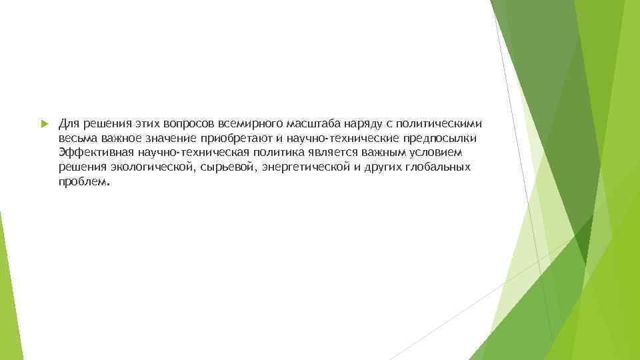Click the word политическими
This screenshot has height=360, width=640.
click(440, 124)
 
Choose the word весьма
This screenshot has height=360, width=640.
click(77, 138)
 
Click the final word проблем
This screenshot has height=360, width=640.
click(81, 181)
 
